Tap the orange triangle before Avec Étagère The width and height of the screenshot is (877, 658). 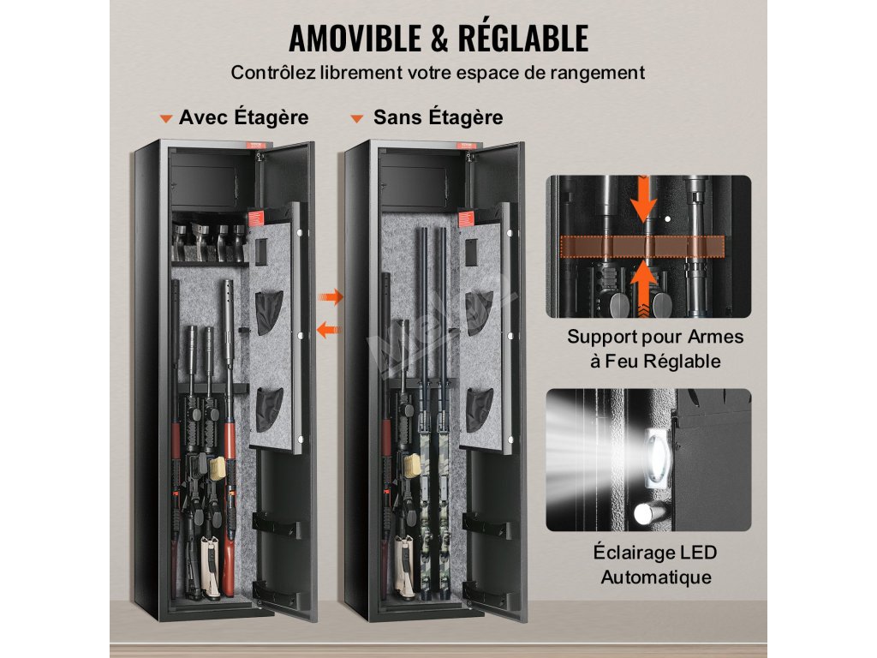click(166, 118)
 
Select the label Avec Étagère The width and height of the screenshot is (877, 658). click(243, 117)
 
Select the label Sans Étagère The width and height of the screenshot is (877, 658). click(438, 117)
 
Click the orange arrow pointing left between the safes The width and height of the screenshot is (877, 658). click(328, 329)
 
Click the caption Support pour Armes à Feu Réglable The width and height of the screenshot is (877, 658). click(655, 349)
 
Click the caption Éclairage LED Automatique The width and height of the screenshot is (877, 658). click(655, 565)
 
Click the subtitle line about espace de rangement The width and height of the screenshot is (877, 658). click(438, 73)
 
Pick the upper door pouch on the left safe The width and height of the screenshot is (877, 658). click(269, 312)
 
